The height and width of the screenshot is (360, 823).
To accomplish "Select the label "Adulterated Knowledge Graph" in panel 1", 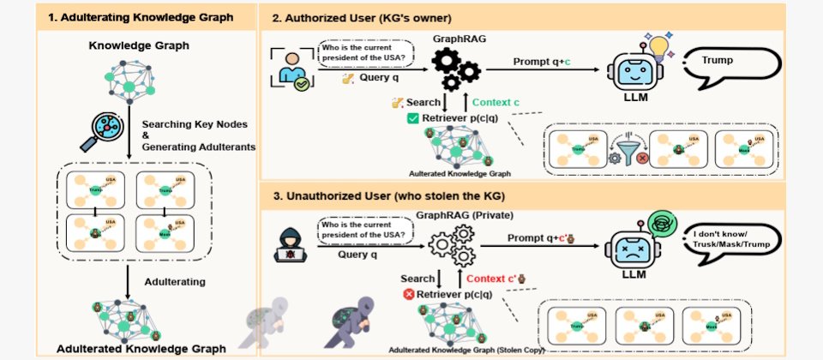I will (x=141, y=349).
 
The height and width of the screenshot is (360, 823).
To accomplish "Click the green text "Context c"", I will (x=496, y=103).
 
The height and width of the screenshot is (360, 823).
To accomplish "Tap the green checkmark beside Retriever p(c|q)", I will (x=411, y=117).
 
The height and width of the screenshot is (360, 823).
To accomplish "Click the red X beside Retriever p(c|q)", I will (x=410, y=294).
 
